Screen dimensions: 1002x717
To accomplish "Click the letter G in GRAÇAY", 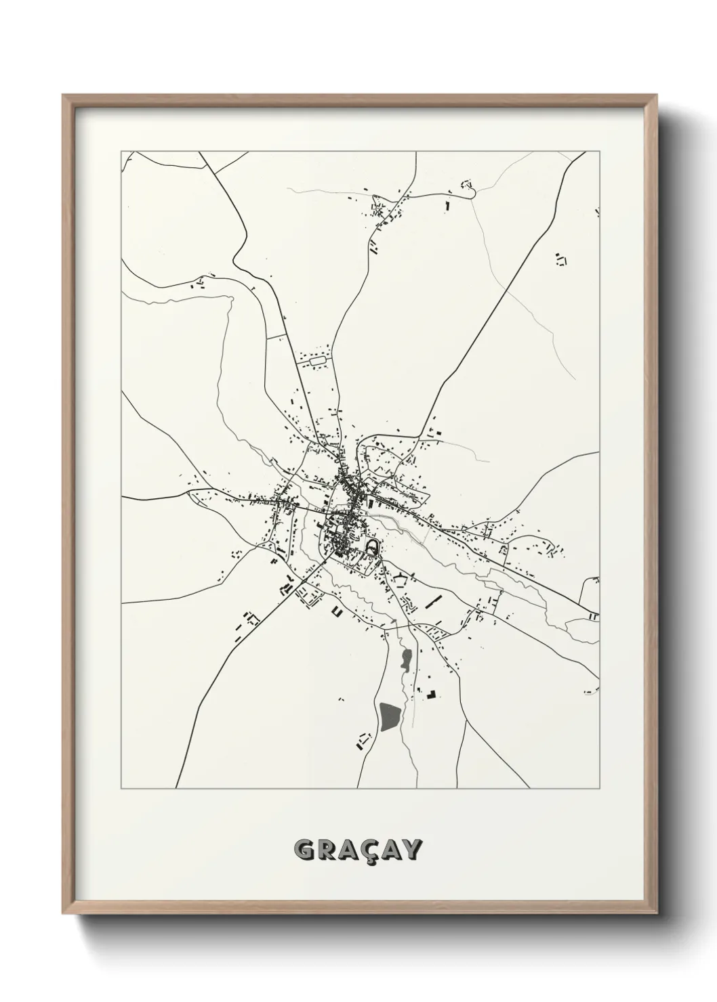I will coord(305,849).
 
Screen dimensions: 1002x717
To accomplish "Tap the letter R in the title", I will coord(327,849).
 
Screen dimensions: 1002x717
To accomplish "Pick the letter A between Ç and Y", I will coord(394,849).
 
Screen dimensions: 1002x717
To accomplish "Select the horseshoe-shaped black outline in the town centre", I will coord(371,545).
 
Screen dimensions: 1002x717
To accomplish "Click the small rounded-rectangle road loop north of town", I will coord(318,363).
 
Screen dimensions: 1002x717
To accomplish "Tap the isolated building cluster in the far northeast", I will coord(560,258).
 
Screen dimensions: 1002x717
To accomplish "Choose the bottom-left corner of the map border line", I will coord(121,789).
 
